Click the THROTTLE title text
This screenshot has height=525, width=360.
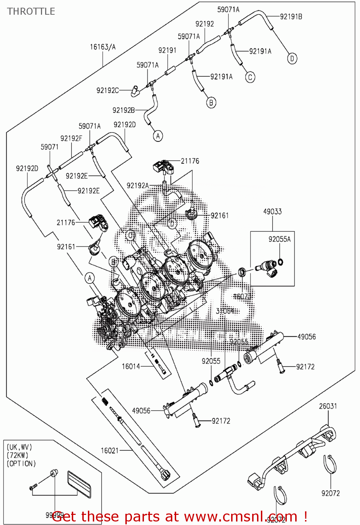[31, 12]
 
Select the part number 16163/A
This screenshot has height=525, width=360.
[103, 47]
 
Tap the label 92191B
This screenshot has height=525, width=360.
[291, 16]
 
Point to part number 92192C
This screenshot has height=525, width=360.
[108, 90]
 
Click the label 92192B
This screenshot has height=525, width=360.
[123, 110]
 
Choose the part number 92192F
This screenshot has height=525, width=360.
[71, 138]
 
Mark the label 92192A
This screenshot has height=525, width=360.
[138, 185]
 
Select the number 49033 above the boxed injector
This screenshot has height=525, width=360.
[272, 211]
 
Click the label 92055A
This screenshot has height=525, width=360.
[279, 239]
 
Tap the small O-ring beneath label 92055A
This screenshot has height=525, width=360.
[280, 262]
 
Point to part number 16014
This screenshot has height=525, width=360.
[131, 366]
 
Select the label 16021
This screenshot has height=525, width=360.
[110, 450]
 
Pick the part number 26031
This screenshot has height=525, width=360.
[328, 406]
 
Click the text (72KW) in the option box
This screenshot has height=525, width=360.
[18, 455]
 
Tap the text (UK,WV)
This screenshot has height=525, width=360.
[19, 447]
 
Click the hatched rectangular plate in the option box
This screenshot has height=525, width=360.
[79, 484]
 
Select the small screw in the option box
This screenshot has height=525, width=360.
[34, 487]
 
